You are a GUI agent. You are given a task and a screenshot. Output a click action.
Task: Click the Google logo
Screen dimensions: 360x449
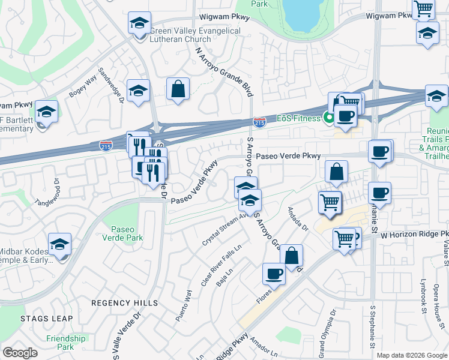click(x=20, y=353)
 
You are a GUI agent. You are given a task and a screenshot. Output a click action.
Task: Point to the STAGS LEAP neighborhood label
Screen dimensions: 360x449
click(x=46, y=319)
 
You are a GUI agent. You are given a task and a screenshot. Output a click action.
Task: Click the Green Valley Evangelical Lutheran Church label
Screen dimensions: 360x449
click(x=195, y=35)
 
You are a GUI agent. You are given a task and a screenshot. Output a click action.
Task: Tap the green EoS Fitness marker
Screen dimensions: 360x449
click(x=328, y=118)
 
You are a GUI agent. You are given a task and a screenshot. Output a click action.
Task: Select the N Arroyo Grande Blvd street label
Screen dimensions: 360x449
click(x=223, y=73)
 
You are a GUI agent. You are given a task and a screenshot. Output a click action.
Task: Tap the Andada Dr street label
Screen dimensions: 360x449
click(x=297, y=220)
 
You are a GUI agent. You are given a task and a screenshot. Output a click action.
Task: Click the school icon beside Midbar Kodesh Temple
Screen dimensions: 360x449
click(x=59, y=244)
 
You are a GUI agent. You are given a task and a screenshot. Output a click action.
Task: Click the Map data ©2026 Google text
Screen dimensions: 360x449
click(x=411, y=355)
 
